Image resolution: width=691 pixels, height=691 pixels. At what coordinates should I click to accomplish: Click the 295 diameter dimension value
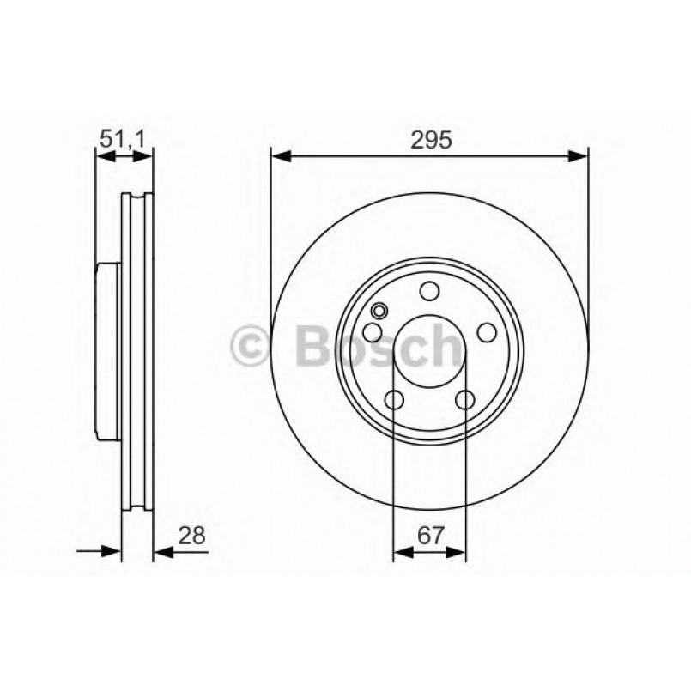pos(431,140)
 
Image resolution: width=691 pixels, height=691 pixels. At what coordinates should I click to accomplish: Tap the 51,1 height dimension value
pos(122,139)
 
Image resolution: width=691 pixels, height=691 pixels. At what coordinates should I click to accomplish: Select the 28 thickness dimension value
pos(191,536)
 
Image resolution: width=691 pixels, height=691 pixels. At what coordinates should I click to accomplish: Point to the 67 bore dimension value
pos(430,536)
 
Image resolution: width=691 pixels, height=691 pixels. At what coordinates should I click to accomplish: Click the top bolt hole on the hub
pos(429,291)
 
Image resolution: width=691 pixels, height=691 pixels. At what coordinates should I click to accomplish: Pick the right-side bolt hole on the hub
pos(487,333)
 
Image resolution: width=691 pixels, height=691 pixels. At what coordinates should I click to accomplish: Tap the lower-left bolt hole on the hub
pos(394,400)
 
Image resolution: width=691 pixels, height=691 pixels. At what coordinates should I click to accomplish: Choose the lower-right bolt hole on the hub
pos(465,400)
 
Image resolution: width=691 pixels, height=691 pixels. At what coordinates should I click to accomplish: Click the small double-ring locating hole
pos(379,311)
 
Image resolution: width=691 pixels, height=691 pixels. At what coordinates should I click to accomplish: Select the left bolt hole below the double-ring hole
pos(373,333)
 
